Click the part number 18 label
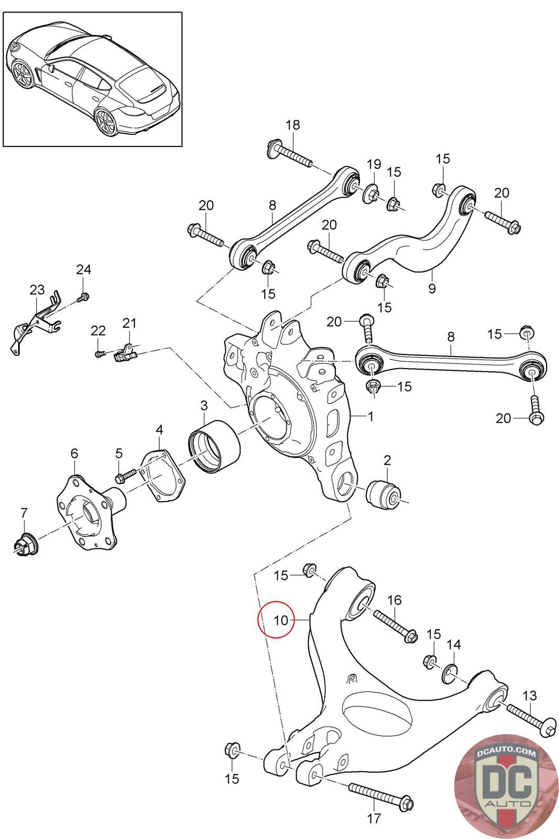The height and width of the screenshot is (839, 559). coord(293,125)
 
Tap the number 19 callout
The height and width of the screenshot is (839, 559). coord(374,164)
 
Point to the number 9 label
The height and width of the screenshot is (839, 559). coord(432,288)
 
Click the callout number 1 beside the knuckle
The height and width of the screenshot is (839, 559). coord(370,417)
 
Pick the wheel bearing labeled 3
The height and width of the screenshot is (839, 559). coord(214,447)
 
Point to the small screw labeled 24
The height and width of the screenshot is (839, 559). coord(81,298)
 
